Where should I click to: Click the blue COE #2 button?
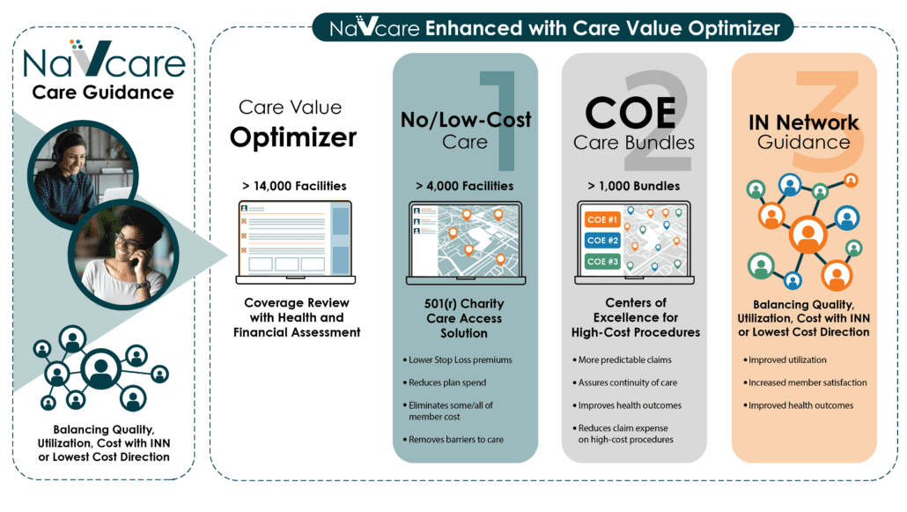602,241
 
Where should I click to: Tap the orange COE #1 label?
602,219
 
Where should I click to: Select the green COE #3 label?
602,262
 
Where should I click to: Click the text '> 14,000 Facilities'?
294,186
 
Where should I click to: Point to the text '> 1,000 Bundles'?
634,186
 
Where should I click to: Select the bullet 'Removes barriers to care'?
453,440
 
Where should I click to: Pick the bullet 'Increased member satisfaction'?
805,382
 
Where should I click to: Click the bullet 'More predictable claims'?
622,360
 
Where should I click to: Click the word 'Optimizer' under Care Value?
293,137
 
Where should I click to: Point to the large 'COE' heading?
630,112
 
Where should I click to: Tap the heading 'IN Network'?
803,122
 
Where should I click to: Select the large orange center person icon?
808,234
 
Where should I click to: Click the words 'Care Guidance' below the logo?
103,93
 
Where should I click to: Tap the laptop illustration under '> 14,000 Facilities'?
296,242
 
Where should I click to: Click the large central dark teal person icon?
100,369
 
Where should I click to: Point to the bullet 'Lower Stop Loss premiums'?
458,360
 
